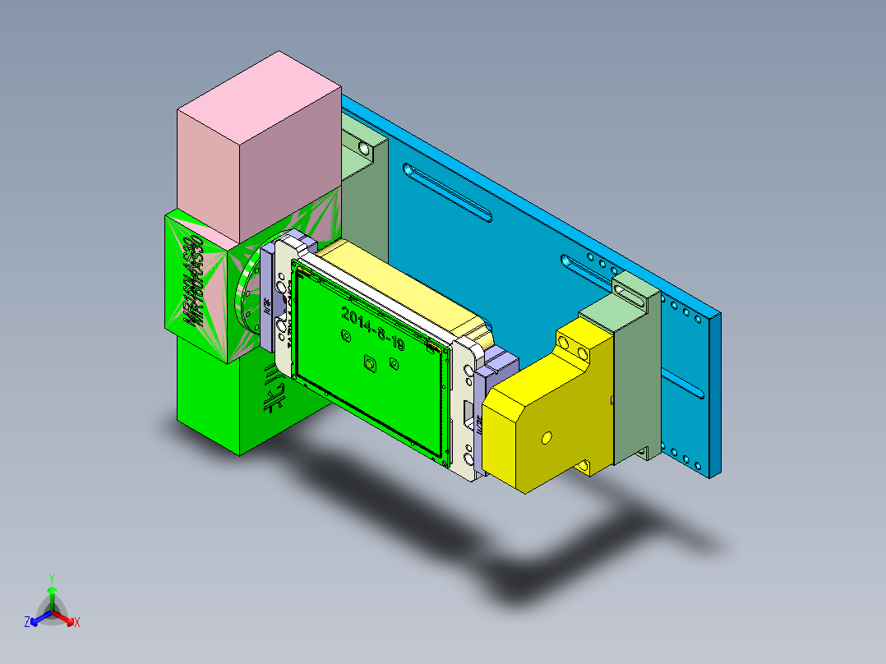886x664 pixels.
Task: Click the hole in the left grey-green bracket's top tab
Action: click(x=362, y=149)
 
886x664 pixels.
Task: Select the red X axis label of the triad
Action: click(x=77, y=623)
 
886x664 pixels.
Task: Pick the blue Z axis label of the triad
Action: click(x=27, y=623)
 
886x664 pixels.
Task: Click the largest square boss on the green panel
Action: click(x=370, y=362)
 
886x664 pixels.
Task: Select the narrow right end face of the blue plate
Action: click(x=715, y=394)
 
